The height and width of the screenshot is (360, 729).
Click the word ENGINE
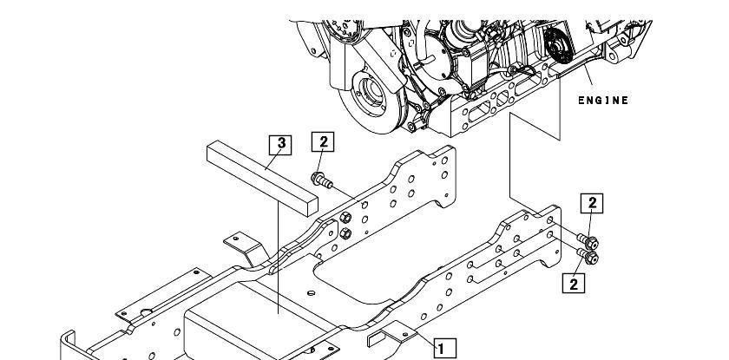tap(603, 101)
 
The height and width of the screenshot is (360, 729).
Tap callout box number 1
tap(445, 349)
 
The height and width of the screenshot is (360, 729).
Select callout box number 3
tap(281, 145)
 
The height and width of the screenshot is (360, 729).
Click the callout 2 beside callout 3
tap(323, 141)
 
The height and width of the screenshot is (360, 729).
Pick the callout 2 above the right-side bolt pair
tap(592, 203)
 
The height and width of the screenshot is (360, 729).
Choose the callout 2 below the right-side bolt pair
tap(574, 283)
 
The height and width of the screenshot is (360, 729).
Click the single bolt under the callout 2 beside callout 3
tap(322, 180)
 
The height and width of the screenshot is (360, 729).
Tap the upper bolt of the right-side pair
tap(588, 241)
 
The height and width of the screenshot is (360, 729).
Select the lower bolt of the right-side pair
tap(588, 256)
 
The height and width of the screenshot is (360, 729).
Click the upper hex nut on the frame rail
tap(345, 218)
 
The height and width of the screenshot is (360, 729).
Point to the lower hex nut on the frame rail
tap(345, 233)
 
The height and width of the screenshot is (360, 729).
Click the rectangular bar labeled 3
tap(263, 179)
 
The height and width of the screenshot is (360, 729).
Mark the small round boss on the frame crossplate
tap(312, 293)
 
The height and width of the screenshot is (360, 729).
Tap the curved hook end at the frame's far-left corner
tap(69, 344)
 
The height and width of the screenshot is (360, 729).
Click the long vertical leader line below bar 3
tap(278, 258)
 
